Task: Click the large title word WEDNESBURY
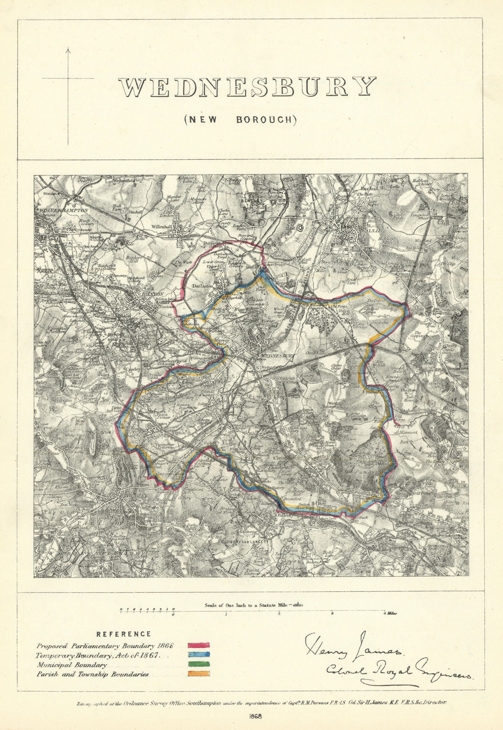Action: (x=247, y=87)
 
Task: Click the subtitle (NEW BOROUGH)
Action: (x=240, y=120)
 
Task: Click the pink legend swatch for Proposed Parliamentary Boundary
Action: (x=199, y=646)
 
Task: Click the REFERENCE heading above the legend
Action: (x=123, y=634)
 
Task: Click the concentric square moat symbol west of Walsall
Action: (x=300, y=227)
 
